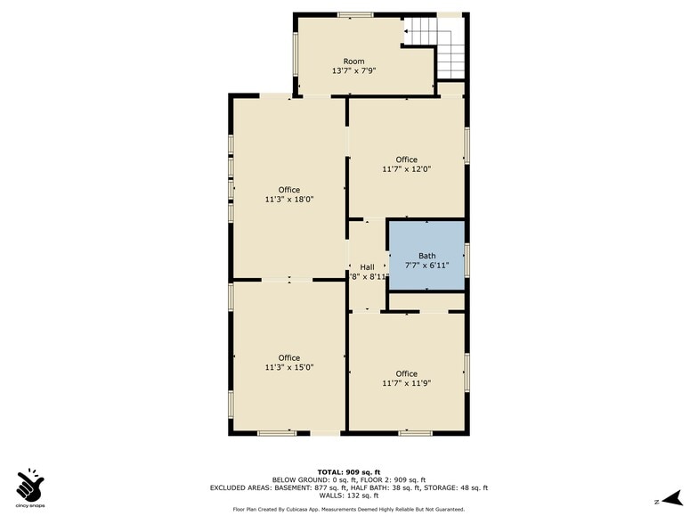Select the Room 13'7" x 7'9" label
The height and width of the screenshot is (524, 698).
(353, 66)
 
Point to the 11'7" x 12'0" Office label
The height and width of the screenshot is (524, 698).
(406, 164)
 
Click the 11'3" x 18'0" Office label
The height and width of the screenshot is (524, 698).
(288, 194)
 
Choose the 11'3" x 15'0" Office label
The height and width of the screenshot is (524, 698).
(288, 362)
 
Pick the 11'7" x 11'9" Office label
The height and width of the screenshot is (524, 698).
(406, 379)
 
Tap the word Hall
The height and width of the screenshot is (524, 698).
(367, 266)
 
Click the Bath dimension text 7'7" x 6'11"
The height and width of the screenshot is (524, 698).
(426, 266)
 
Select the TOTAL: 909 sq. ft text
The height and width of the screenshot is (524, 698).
(348, 471)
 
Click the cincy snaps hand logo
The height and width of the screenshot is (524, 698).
(31, 485)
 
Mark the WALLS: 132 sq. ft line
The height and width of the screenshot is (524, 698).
(348, 495)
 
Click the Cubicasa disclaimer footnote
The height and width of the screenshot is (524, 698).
(348, 509)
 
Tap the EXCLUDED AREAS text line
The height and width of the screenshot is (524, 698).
(348, 487)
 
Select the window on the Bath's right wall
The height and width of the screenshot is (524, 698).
(467, 259)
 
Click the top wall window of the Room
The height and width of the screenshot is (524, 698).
(355, 14)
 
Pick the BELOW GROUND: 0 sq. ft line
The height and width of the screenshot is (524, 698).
(348, 479)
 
